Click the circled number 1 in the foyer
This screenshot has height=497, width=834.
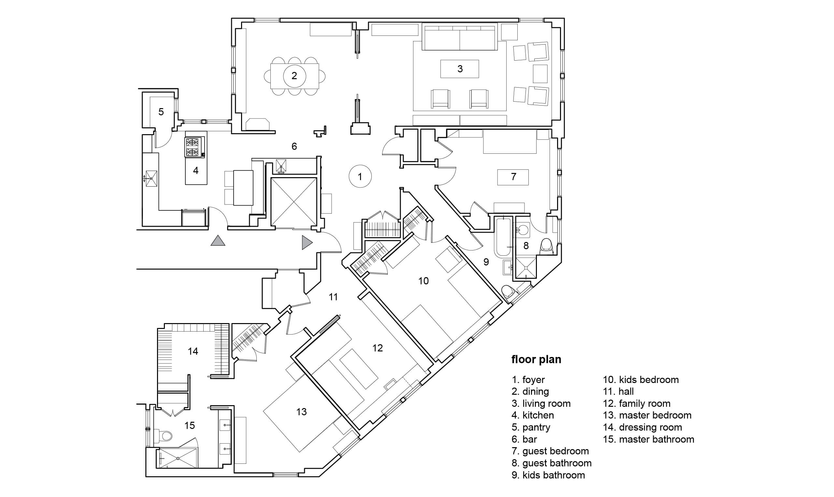(x=360, y=176)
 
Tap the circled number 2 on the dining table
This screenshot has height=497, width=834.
(x=295, y=76)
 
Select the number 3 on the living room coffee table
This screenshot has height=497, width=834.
(x=460, y=69)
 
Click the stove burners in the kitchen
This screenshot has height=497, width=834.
(x=194, y=147)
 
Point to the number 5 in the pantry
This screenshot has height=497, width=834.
(x=161, y=111)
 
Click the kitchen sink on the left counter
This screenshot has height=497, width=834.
(x=151, y=178)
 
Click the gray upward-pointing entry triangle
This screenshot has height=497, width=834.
(x=218, y=240)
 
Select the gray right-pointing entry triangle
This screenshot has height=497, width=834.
(x=307, y=242)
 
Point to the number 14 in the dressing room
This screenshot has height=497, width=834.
(x=193, y=351)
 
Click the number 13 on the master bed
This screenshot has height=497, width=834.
(x=301, y=412)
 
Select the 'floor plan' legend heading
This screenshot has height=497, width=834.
(x=536, y=359)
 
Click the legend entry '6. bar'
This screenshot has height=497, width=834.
(x=525, y=439)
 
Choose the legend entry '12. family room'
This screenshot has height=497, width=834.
(x=637, y=404)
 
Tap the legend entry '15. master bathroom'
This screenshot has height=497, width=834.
(x=649, y=439)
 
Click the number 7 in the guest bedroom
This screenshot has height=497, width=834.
(x=513, y=177)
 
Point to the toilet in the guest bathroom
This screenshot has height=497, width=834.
(x=547, y=245)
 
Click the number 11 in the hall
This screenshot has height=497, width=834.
(x=333, y=297)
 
